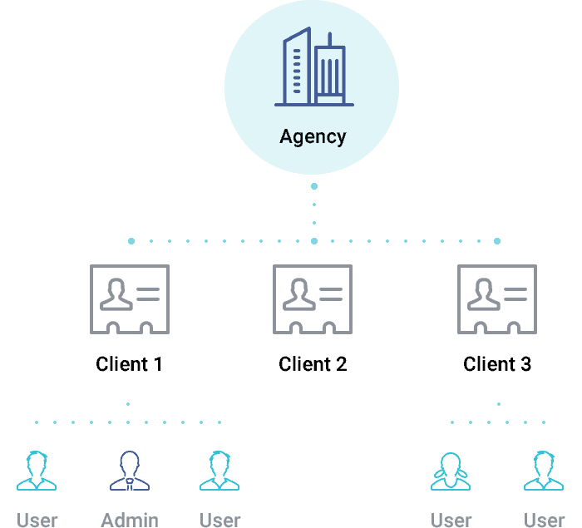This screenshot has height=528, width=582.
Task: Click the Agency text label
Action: click(313, 137)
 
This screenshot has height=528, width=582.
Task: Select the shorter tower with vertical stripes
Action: click(330, 76)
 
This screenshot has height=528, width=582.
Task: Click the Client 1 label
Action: click(129, 364)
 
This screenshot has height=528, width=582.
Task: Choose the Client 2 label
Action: click(313, 364)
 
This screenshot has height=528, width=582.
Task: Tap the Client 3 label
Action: click(497, 364)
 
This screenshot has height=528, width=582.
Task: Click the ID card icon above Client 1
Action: click(129, 299)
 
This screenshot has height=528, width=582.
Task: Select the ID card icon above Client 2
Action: click(313, 299)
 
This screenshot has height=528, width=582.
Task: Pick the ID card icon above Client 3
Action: click(497, 299)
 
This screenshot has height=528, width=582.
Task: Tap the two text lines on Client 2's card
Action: click(331, 294)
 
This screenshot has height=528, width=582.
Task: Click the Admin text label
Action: click(130, 521)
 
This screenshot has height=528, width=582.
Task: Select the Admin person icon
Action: click(130, 471)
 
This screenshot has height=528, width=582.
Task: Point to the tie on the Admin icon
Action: click(130, 481)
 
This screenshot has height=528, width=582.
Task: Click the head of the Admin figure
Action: click(130, 461)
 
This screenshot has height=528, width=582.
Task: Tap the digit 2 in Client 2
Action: click(341, 364)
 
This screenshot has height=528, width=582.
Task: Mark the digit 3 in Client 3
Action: click(525, 364)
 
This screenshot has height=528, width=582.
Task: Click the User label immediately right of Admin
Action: click(220, 521)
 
